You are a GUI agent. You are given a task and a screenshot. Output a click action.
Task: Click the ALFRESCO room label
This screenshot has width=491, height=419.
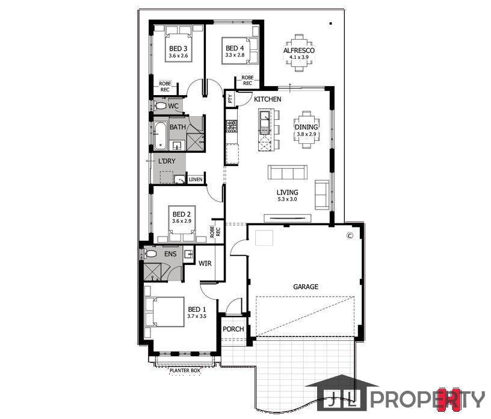coord(298,51)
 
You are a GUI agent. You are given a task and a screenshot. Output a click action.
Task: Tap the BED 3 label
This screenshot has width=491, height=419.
coord(178,49)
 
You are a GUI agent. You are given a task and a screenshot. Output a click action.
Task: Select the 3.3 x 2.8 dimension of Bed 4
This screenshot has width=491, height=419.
coord(235,55)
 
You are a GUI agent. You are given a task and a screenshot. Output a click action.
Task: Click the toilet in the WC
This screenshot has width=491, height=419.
coord(159,105)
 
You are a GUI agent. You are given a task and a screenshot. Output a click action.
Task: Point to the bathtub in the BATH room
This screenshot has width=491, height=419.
coord(160,135)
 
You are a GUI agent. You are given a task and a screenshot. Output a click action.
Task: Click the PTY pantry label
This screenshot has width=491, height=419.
coord(230,99)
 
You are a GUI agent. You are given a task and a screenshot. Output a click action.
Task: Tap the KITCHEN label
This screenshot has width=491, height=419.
coord(267,99)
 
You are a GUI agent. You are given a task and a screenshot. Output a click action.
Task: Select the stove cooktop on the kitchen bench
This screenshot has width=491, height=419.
coord(232,126)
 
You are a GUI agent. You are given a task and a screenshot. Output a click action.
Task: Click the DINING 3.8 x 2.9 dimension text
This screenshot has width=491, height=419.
coord(306,134)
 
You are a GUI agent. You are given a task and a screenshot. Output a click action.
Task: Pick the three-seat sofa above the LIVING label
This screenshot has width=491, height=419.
coord(288,172)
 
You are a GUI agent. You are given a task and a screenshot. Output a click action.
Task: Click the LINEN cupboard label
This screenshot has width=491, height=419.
coord(196,179)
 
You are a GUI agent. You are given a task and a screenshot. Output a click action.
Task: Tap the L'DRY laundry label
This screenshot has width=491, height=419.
coord(167,161)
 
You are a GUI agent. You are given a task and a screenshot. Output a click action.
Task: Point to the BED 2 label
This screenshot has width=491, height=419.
coord(182,214)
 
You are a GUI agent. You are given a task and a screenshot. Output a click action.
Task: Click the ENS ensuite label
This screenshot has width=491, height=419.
coord(170,254)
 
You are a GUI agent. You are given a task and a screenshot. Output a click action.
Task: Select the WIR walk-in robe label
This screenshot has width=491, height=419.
coord(205,263)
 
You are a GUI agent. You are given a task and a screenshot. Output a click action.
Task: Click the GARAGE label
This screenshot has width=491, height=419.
coord(306,287)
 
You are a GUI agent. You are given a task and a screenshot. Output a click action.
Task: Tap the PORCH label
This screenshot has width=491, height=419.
coord(233,329)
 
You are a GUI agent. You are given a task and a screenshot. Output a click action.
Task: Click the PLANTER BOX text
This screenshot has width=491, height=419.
coord(185,370)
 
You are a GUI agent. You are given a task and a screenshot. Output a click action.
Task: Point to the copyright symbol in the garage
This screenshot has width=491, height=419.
coord(350,235)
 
